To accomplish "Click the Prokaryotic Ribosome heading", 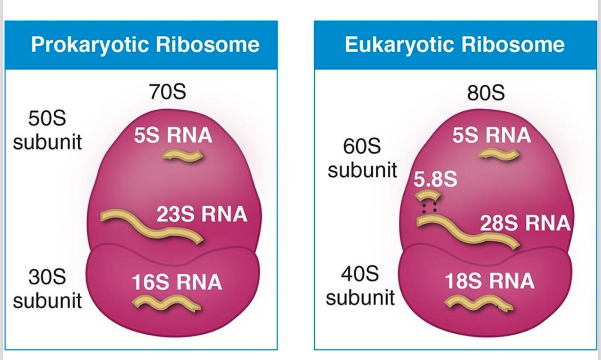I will coord(145,45).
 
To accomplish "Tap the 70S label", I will coord(167,93).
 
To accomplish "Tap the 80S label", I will coord(486,94).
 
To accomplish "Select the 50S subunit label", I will coord(47,131).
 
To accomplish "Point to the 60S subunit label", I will coord(362,159).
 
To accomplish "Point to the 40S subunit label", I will coord(360,286).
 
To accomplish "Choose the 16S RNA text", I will coord(177,283).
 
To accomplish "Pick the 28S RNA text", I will coord(524,223).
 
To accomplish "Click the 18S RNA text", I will coord(489,281).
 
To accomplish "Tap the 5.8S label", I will coord(435,179).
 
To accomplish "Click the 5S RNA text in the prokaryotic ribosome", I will coord(173,136).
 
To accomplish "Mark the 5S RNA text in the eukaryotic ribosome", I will coord(492,135).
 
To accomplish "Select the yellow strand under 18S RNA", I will coord(478,303).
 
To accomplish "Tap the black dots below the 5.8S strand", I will coord(428,208).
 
